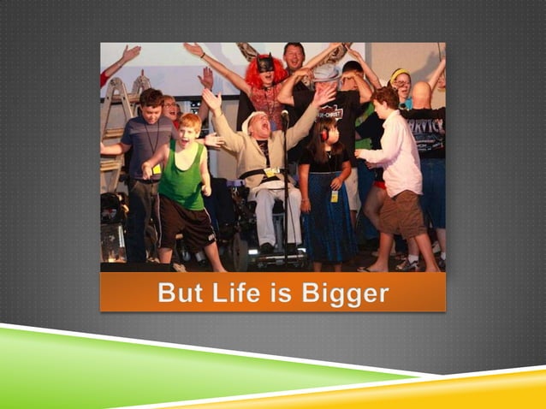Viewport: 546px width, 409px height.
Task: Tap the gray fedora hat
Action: tap(325, 73)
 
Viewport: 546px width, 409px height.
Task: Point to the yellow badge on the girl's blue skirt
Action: tap(334, 196)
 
